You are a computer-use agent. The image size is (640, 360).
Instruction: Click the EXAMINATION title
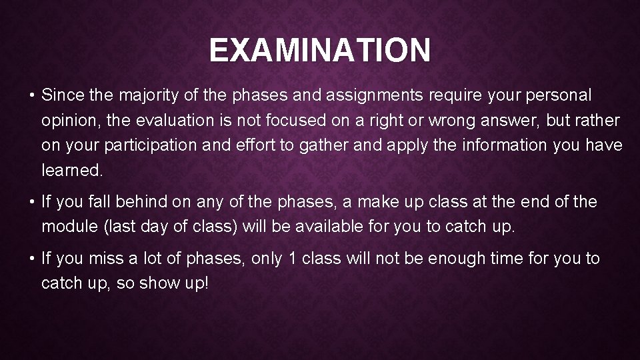pos(320,51)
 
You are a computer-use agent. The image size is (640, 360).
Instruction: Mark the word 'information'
pos(507,145)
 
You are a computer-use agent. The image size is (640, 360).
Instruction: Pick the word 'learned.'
pos(72,170)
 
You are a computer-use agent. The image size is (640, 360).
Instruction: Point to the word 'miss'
pos(109,258)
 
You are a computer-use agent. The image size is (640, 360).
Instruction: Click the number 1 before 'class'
pos(291,258)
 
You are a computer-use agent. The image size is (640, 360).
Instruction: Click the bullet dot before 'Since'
pos(31,96)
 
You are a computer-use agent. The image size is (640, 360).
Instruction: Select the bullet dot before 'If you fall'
pos(31,201)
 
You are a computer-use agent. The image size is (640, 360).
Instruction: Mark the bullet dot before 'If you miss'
pos(31,258)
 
